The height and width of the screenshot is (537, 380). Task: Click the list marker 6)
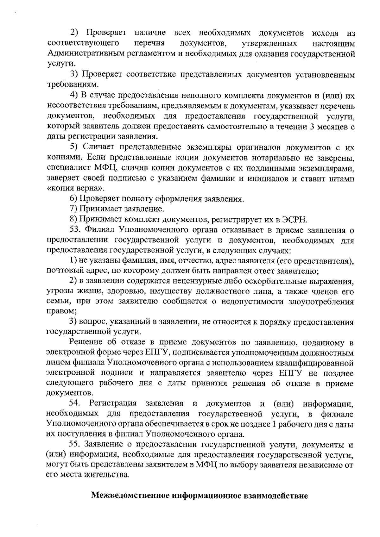74,199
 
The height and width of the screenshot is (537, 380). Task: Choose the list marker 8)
74,219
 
